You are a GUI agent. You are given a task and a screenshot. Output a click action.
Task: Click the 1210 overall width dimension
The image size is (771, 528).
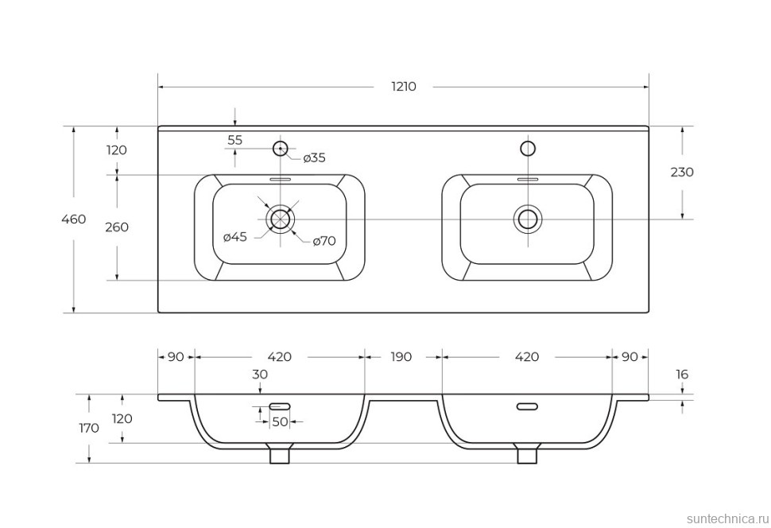(404, 87)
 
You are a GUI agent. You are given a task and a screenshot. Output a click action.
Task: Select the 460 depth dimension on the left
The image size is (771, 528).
(73, 219)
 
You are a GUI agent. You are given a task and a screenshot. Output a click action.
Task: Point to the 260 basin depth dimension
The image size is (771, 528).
(117, 227)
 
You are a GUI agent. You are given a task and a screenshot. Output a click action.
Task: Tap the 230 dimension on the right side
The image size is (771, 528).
(682, 172)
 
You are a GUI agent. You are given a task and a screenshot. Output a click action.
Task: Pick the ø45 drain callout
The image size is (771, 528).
(235, 237)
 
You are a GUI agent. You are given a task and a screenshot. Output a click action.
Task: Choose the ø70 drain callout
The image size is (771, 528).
(324, 240)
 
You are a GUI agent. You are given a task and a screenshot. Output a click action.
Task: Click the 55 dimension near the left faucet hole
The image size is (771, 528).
(235, 140)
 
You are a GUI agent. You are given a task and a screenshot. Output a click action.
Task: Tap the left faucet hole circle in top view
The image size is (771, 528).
(280, 148)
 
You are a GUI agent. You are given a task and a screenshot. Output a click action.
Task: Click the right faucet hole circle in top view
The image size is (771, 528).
(527, 148)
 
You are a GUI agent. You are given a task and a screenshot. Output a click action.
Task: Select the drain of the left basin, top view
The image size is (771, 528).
(280, 218)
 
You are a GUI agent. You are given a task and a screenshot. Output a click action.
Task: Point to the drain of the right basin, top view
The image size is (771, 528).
(527, 218)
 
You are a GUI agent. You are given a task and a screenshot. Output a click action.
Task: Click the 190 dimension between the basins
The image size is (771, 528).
(401, 357)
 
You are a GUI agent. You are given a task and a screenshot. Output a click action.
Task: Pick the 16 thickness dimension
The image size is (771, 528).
(682, 375)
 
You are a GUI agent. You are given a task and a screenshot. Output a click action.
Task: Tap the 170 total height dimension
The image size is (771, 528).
(89, 428)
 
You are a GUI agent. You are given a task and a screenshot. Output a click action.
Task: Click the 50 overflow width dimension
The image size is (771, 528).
(280, 421)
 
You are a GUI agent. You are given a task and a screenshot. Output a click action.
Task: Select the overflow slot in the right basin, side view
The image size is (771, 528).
(527, 406)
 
